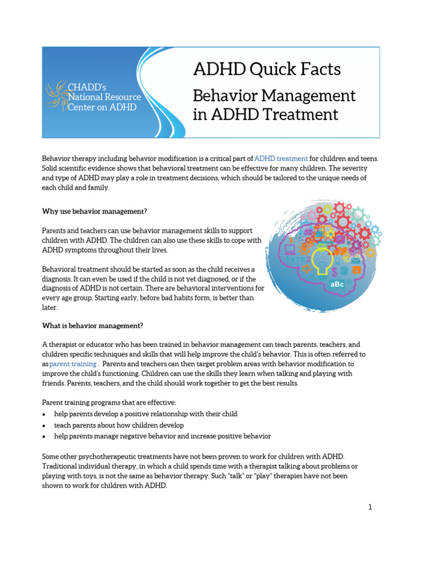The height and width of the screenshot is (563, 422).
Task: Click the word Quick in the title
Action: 270,70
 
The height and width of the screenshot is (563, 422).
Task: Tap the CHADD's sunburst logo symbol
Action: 57,96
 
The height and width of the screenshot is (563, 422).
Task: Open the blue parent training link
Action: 73,364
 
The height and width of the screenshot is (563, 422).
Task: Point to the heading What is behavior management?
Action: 92,325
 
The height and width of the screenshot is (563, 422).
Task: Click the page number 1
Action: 370,507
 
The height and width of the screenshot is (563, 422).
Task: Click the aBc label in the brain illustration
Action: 337,284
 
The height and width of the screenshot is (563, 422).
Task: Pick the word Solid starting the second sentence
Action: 51,168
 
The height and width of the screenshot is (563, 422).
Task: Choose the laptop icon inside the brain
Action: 290,249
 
